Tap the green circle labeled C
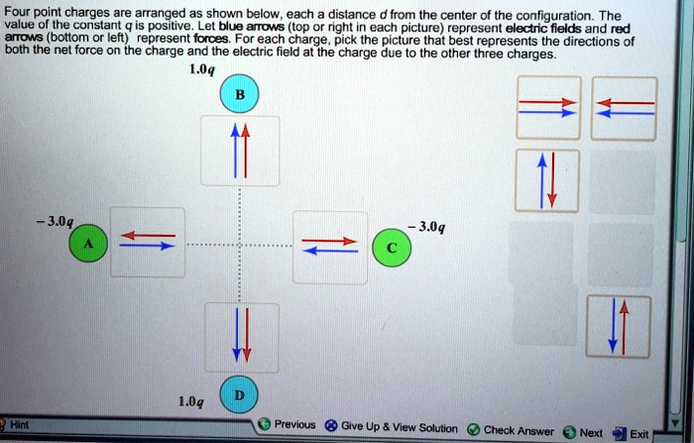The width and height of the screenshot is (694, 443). (395, 248)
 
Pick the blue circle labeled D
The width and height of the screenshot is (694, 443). (238, 393)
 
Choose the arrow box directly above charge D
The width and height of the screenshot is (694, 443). (238, 336)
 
